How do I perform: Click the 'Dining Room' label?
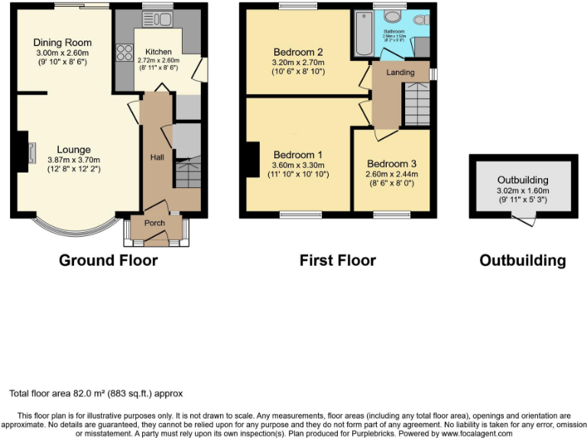click(63, 43)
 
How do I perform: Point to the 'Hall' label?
click(157, 157)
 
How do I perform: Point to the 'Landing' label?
click(400, 73)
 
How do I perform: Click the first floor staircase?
click(417, 103)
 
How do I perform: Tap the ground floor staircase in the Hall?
click(187, 172)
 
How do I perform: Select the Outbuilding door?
click(524, 220)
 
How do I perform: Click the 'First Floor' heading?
click(337, 260)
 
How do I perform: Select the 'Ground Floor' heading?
click(109, 260)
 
